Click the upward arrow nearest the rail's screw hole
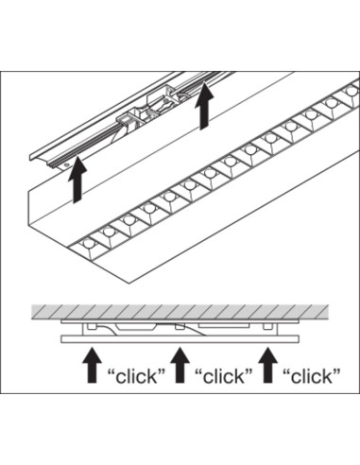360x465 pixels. point(77,180)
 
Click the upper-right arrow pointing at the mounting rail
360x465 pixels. point(204,106)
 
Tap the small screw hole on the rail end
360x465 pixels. point(66,164)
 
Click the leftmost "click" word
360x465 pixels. point(136,376)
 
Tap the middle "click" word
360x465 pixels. point(224,376)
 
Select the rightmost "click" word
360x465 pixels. point(312,376)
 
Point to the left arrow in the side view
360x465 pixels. point(92,365)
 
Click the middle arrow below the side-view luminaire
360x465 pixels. point(180,365)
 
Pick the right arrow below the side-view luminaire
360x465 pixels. point(267,365)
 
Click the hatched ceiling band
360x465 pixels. point(180,312)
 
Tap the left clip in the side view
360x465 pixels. point(92,326)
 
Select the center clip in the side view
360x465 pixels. point(180,326)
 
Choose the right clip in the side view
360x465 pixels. point(267,326)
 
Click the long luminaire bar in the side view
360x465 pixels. point(180,339)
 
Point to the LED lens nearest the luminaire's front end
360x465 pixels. point(88,244)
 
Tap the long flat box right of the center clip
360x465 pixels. point(224,325)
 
